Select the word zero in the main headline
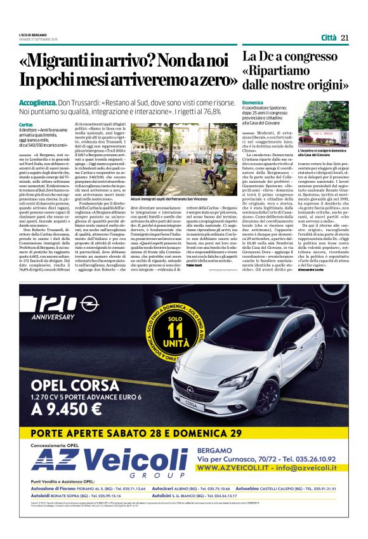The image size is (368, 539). point(214,81)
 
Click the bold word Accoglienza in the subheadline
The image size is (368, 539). point(41,102)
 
